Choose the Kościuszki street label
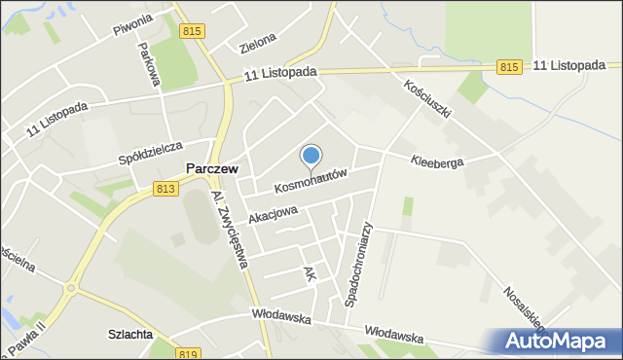[429, 98]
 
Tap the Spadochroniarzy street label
[358, 262]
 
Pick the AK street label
[310, 276]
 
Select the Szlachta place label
[130, 335]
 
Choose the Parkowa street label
[148, 64]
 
